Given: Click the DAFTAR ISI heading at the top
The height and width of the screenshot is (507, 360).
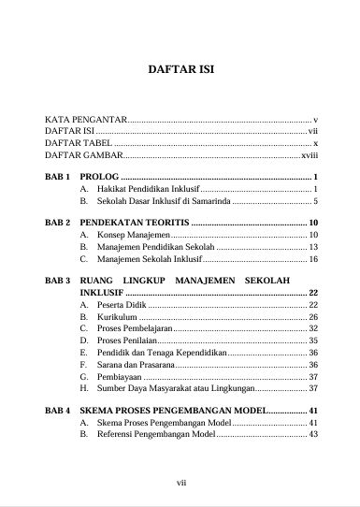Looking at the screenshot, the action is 180,70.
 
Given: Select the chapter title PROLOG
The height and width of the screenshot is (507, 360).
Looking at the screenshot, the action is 100,177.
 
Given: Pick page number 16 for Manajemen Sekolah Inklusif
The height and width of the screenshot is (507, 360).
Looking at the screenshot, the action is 314,257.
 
